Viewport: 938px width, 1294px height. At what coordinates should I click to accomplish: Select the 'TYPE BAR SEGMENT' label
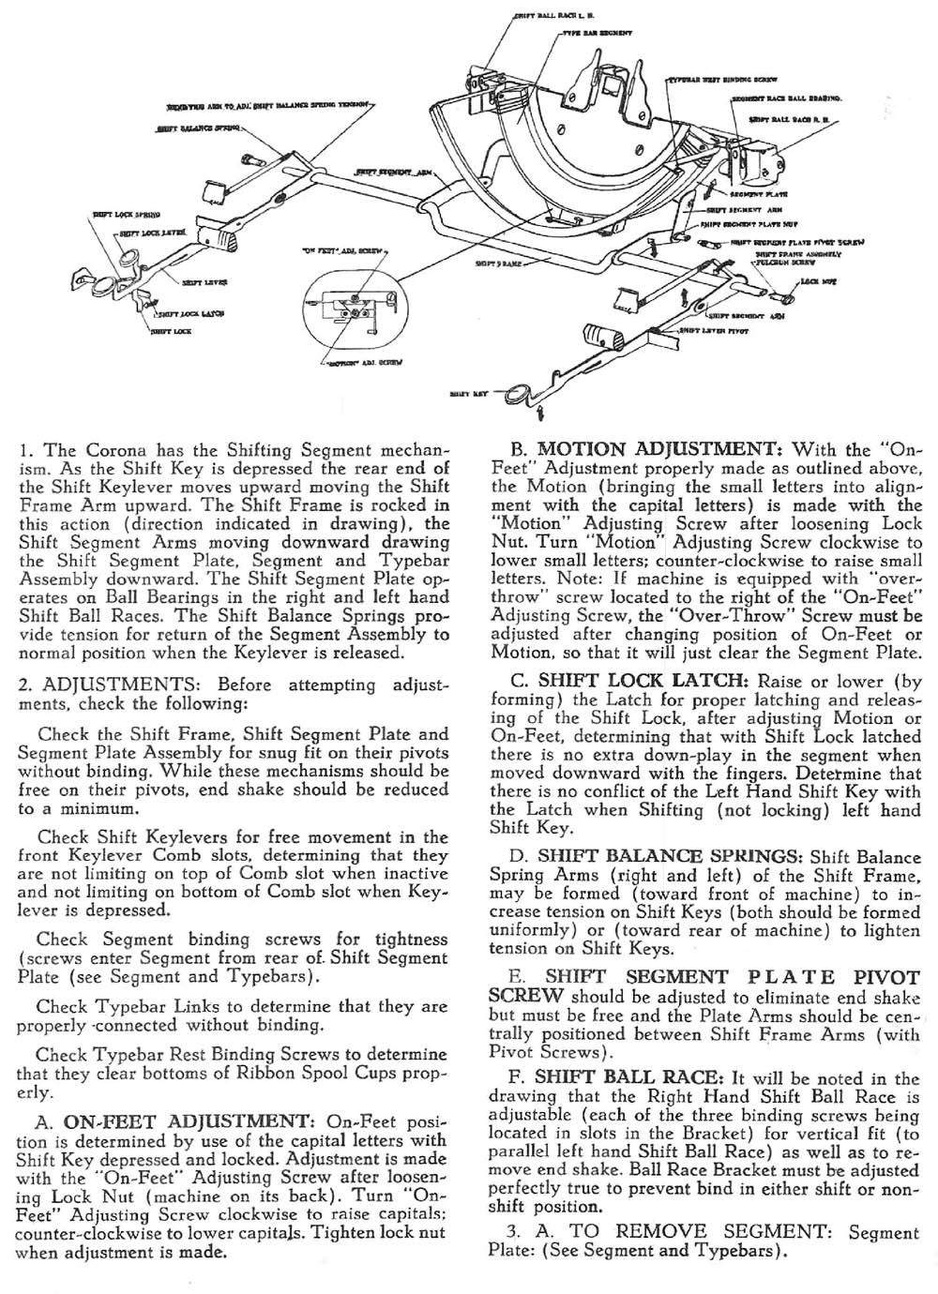point(597,33)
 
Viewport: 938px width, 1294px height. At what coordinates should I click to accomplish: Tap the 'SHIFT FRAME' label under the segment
point(492,265)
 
